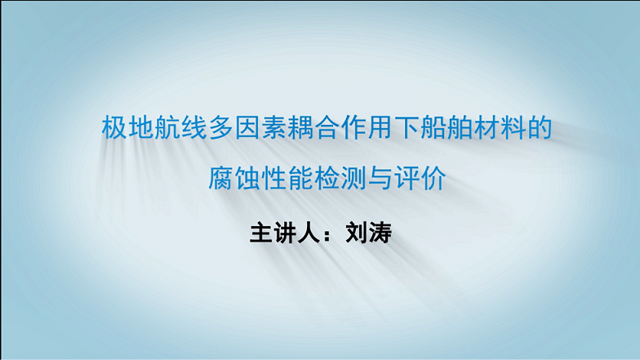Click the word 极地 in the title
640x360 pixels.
pos(128,127)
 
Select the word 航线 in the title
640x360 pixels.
pos(181,127)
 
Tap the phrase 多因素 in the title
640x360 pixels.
pos(248,127)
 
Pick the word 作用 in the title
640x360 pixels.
pos(367,127)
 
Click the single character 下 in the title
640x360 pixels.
pos(407,127)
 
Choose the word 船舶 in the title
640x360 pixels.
pos(447,127)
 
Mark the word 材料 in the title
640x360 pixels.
pos(500,127)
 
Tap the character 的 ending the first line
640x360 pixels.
pos(540,127)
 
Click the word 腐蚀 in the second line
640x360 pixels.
pos(235,178)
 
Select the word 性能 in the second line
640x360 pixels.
pos(287,178)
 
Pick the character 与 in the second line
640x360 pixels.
pos(380,178)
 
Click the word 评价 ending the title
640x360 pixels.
pos(420,178)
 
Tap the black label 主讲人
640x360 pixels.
pos(284,233)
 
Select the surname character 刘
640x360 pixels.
pos(357,233)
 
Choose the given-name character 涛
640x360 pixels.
pos(380,233)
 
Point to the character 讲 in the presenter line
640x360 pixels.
pos(284,233)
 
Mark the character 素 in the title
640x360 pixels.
pos(274,127)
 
